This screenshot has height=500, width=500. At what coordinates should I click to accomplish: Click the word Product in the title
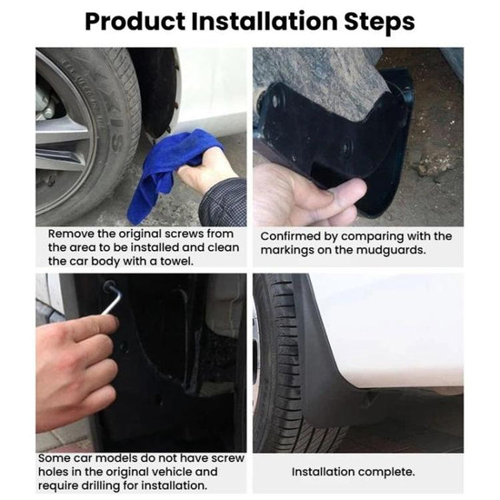coord(135,22)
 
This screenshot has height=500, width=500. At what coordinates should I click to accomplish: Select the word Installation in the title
coord(265,22)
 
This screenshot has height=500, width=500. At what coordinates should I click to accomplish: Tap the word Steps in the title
coord(379,22)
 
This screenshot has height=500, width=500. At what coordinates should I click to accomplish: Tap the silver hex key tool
coord(112,298)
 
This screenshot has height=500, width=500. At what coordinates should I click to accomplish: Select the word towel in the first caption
coord(176,261)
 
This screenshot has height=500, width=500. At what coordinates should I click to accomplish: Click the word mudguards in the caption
coord(391,251)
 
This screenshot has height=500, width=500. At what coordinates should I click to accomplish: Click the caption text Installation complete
coord(353,472)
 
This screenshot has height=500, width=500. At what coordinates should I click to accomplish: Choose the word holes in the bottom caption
coord(53,471)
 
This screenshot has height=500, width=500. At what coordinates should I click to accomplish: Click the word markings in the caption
coord(287,251)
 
